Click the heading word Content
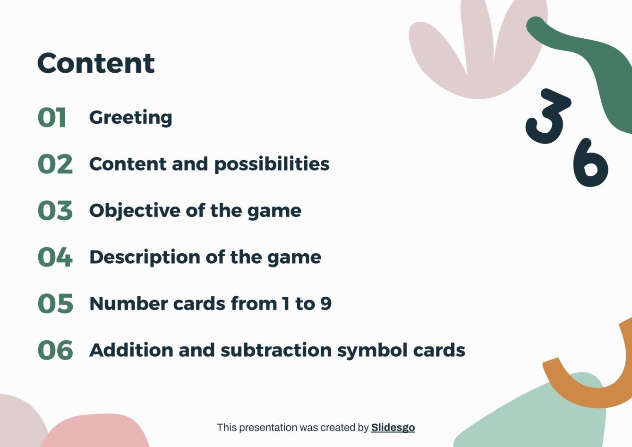click(x=96, y=63)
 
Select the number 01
click(x=52, y=118)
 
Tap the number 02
click(x=55, y=164)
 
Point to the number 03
click(x=55, y=211)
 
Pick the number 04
click(x=55, y=257)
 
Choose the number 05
click(x=55, y=304)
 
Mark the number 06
click(x=55, y=350)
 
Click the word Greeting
click(x=130, y=118)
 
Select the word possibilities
click(x=272, y=164)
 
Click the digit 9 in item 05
click(x=326, y=303)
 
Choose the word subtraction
click(x=276, y=350)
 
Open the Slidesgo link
click(x=393, y=428)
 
